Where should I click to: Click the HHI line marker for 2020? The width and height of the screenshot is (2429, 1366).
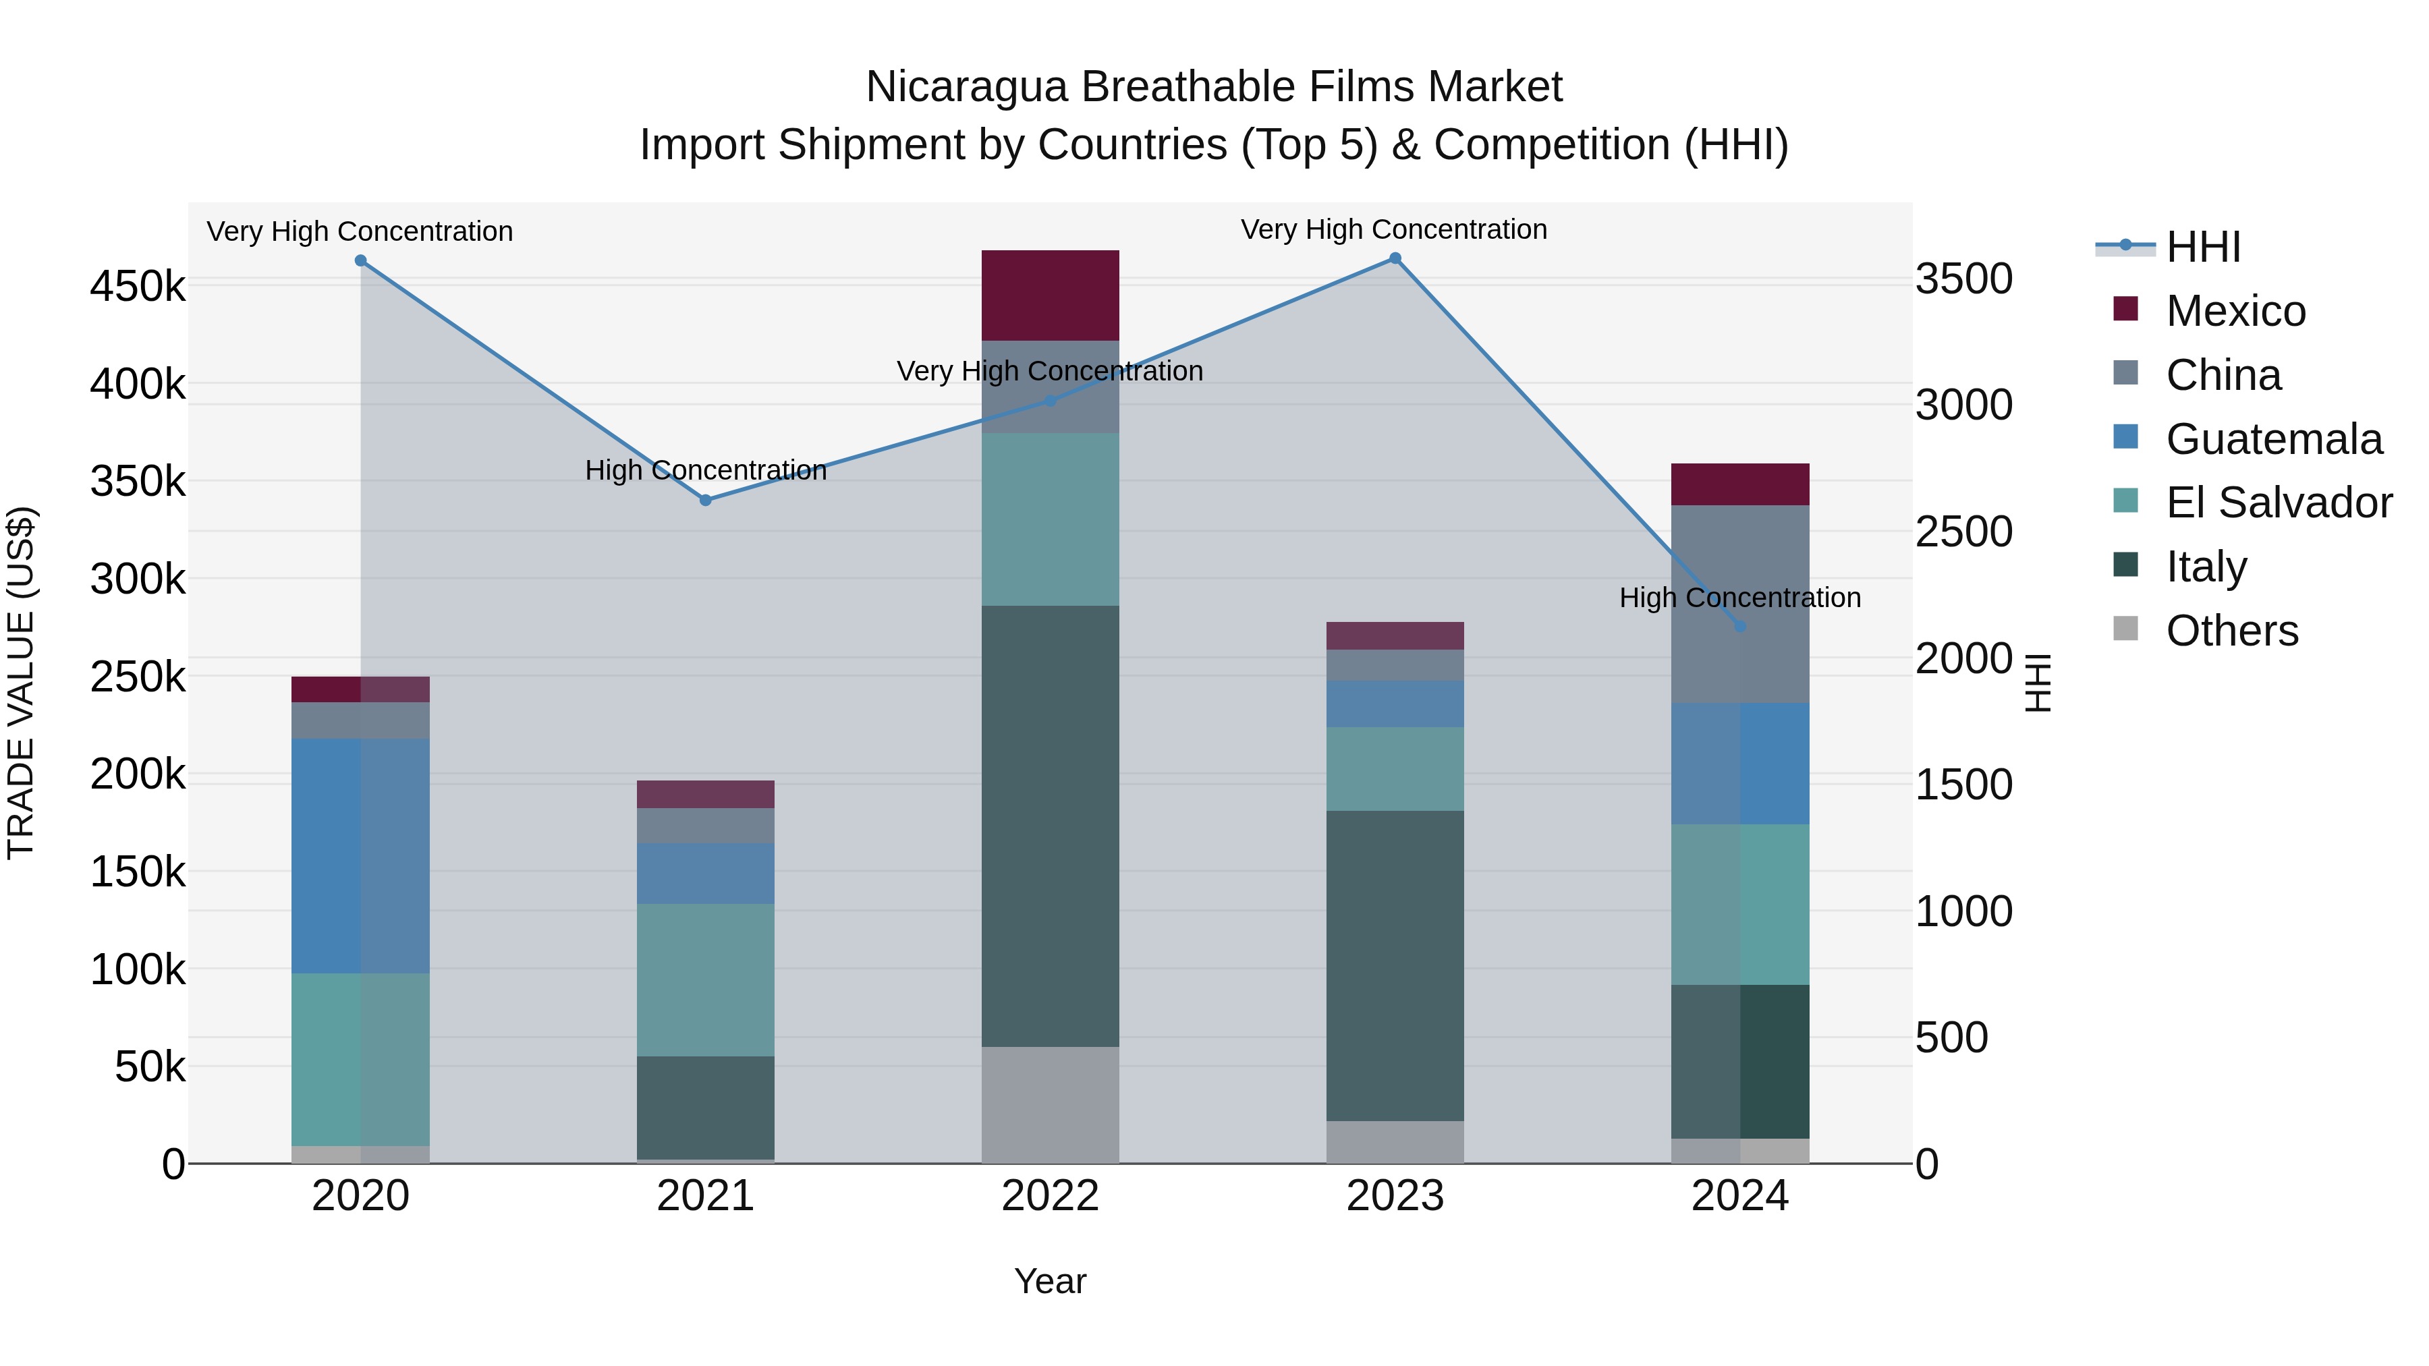pos(360,261)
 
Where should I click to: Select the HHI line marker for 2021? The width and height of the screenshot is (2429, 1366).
pos(705,501)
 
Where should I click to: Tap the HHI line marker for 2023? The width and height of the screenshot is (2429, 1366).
pos(1395,258)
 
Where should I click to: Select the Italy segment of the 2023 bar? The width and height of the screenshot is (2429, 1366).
pos(1395,965)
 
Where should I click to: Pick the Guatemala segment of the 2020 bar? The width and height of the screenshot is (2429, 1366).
pos(360,855)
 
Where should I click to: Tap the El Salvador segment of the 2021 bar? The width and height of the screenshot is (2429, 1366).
pos(705,979)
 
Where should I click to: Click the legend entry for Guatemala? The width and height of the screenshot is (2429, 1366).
pos(2272,439)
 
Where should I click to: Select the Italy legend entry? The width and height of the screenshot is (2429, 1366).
pos(2206,567)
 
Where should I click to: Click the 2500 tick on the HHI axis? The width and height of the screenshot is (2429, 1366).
pos(1964,532)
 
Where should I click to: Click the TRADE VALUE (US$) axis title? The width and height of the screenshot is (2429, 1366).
pos(21,683)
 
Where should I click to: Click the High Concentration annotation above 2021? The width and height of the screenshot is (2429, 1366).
pos(705,469)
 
